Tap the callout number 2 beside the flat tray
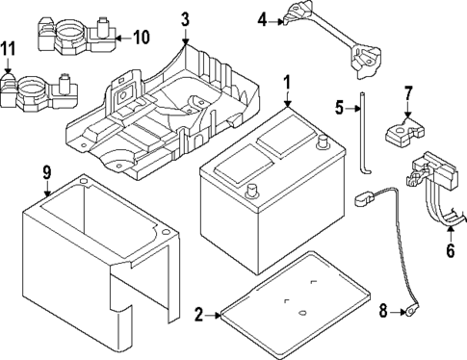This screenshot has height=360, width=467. pos(199,314)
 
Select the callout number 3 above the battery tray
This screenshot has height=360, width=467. pos(186,17)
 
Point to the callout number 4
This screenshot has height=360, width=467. pos(262,18)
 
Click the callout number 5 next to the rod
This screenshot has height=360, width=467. pos(339,106)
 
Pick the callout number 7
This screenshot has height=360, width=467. pos(407,93)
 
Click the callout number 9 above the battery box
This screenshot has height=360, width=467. pos(45,174)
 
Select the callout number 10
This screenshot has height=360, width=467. pos(142,38)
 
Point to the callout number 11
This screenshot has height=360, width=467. pos(9,48)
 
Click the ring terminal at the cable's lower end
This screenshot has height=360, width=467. pos(411,312)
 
